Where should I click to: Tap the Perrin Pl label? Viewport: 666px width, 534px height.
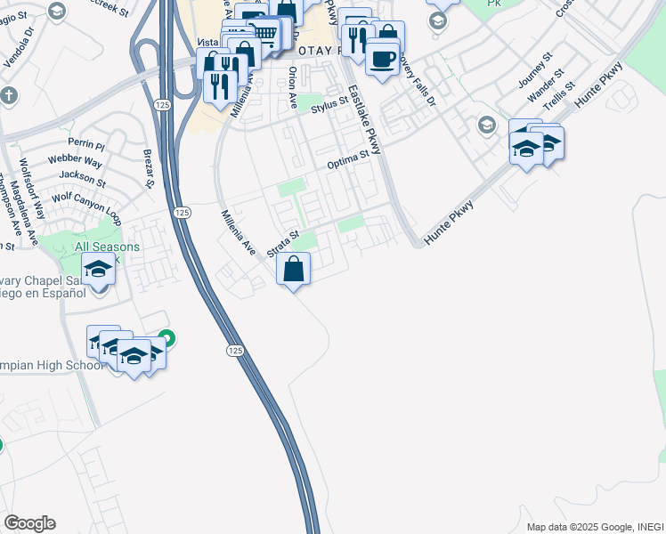click(x=86, y=143)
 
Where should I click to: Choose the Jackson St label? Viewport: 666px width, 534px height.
click(x=89, y=178)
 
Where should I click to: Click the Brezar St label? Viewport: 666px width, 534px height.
click(x=149, y=169)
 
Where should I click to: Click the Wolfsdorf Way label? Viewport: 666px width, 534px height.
click(x=32, y=190)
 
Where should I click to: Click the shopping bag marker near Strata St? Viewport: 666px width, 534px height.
click(x=294, y=268)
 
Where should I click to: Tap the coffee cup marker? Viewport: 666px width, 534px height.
click(x=383, y=59)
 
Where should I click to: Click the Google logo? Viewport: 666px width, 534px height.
click(x=29, y=523)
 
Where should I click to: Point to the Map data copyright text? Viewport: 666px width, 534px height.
click(x=595, y=526)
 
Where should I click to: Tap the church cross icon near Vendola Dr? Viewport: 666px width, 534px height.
click(x=9, y=94)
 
